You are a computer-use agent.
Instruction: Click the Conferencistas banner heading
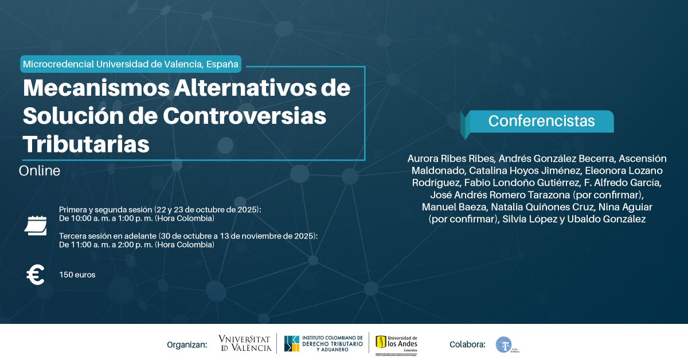pyautogui.click(x=541, y=122)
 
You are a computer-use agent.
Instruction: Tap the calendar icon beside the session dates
pyautogui.click(x=36, y=225)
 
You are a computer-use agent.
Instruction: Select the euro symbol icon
pyautogui.click(x=36, y=276)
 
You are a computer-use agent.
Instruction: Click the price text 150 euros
pyautogui.click(x=77, y=275)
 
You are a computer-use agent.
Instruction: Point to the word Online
pyautogui.click(x=40, y=171)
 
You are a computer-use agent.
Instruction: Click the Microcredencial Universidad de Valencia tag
pyautogui.click(x=131, y=64)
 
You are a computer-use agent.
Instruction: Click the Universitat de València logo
pyautogui.click(x=245, y=343)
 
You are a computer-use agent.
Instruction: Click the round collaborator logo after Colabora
pyautogui.click(x=504, y=344)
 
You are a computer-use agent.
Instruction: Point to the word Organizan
pyautogui.click(x=186, y=345)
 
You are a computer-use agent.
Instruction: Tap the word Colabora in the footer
pyautogui.click(x=468, y=345)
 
